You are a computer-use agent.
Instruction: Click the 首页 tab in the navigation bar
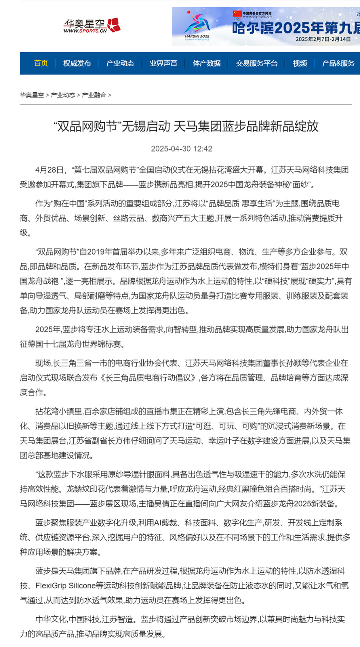41,63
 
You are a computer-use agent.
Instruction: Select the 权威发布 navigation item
77,63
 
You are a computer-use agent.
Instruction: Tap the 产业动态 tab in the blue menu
120,63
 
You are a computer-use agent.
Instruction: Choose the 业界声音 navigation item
163,63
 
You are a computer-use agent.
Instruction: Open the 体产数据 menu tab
207,63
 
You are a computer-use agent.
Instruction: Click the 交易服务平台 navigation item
257,63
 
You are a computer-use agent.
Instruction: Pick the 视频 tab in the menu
300,63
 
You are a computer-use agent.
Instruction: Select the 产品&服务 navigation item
338,63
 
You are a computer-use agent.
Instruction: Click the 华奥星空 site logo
92,26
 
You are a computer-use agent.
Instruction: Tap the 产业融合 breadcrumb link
94,95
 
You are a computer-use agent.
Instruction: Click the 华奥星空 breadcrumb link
32,95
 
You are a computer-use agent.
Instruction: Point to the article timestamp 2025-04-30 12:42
181,149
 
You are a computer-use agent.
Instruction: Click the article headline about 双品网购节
186,127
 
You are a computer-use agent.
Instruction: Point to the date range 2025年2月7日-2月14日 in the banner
323,39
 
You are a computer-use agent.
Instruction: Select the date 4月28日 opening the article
49,170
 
